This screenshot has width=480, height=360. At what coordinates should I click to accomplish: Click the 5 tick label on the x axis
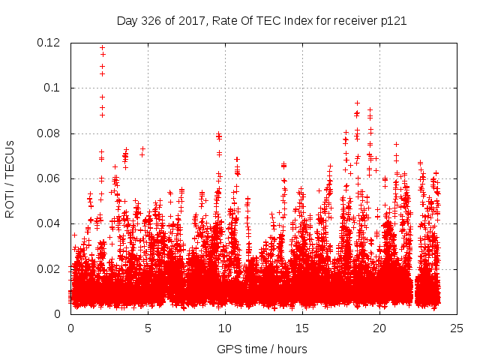tap(148, 328)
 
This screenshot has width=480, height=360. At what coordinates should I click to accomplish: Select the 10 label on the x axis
tap(225, 328)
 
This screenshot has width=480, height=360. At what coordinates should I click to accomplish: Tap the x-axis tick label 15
tap(302, 328)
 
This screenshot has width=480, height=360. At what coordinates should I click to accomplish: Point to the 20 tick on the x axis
tap(379, 328)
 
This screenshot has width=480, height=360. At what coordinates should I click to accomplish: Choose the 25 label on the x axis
tap(457, 328)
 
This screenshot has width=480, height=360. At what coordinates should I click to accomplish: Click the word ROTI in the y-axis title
tap(10, 203)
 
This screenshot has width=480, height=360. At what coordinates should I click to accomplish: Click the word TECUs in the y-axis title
tap(10, 159)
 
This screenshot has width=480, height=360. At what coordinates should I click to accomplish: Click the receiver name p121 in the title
tap(394, 21)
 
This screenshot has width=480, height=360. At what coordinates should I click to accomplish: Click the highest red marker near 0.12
tap(102, 48)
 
